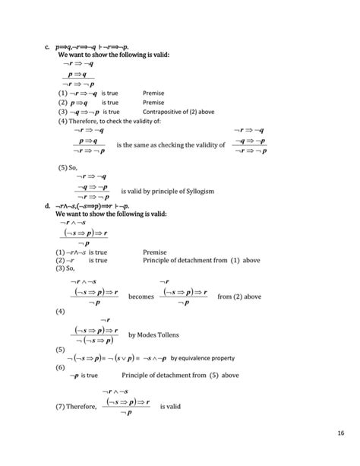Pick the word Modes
(x=144, y=334)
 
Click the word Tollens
(x=166, y=334)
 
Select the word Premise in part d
(x=154, y=251)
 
